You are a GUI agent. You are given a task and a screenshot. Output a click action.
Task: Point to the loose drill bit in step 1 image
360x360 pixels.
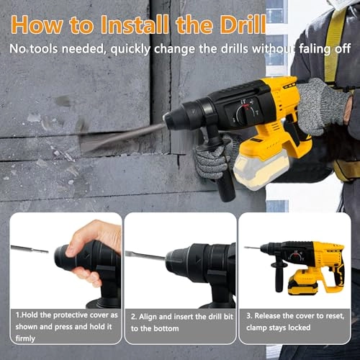click(29, 249)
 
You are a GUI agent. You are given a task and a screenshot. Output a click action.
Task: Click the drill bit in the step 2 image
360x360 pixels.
click(144, 254)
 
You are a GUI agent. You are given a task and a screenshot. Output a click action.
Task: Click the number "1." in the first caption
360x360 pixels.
click(19, 315)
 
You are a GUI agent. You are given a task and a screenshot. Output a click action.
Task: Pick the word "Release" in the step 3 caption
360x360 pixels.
click(270, 315)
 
